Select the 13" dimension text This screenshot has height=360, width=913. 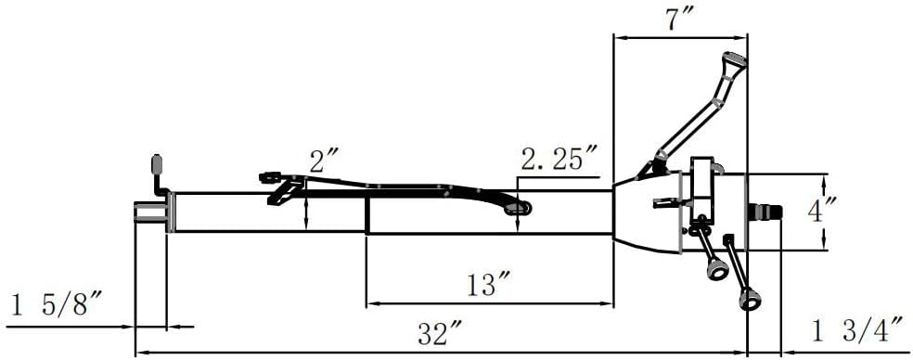[489, 285]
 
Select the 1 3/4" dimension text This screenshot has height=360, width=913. [857, 332]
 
